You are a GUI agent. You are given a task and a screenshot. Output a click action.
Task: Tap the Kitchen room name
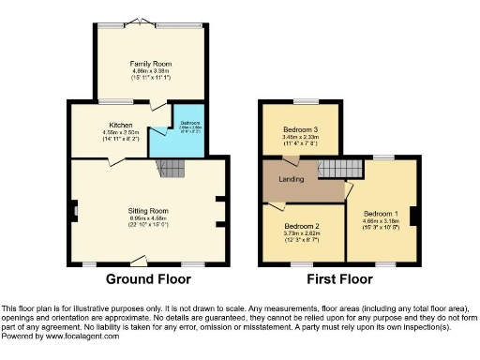120,125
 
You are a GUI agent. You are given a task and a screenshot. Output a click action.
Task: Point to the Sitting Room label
148,211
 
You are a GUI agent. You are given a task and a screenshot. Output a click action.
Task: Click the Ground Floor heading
148,279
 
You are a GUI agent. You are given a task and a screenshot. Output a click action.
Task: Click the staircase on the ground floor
172,169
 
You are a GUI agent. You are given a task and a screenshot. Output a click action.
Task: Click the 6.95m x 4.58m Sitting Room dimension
148,218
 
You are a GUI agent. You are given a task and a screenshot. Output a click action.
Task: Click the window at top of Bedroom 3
306,100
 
